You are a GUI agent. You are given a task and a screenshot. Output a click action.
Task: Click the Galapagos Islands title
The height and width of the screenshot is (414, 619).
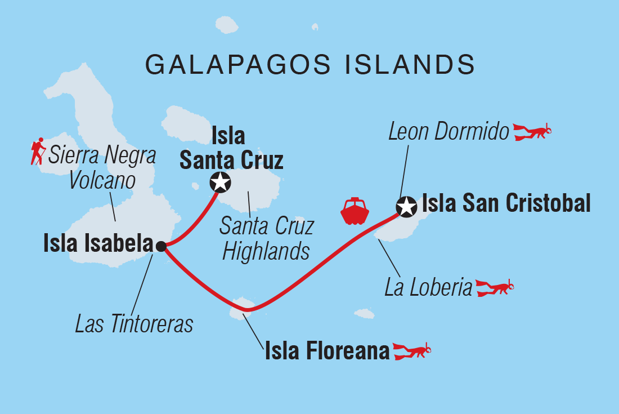click(x=310, y=65)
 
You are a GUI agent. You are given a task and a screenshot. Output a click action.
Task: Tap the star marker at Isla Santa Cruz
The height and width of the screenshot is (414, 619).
click(x=219, y=182)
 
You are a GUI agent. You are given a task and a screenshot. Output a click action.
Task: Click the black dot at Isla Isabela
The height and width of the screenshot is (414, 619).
click(x=161, y=246)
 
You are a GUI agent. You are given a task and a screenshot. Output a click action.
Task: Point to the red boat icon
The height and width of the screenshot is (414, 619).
click(x=354, y=211)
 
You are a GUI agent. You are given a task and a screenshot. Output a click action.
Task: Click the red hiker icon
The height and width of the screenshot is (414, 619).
click(x=38, y=151)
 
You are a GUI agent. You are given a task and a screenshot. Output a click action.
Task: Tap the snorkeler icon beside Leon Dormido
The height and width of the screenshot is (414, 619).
click(x=532, y=132)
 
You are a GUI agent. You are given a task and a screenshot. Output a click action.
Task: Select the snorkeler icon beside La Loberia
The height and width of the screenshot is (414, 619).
click(x=495, y=287)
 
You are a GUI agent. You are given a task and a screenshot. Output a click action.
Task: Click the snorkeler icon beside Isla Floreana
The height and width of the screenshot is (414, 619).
click(x=411, y=351)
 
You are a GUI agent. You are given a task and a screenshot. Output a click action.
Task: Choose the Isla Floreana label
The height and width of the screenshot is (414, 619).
click(x=327, y=352)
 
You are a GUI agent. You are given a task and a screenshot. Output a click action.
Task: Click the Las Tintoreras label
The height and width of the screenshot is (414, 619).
click(x=134, y=324)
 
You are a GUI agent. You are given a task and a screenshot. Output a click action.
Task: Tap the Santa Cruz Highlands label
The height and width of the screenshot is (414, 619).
click(x=266, y=239)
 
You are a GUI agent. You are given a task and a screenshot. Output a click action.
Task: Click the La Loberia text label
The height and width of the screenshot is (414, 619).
click(x=428, y=288)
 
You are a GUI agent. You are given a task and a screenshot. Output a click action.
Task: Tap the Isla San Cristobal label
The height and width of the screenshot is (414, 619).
click(x=506, y=203)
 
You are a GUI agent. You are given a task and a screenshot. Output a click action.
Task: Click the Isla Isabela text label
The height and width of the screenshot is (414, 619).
click(x=98, y=244)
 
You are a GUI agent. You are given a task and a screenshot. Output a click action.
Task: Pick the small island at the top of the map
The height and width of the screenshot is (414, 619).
click(x=227, y=25)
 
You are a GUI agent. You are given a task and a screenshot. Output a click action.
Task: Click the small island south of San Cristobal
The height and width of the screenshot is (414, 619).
click(x=365, y=313)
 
